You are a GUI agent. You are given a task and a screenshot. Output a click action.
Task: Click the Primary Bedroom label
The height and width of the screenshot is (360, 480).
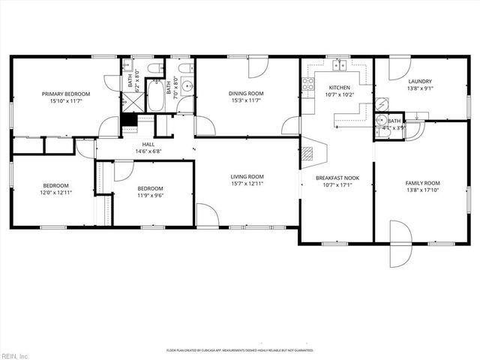click(x=65, y=94)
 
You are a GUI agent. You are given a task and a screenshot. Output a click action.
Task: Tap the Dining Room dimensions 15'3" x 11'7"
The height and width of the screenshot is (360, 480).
click(x=246, y=100)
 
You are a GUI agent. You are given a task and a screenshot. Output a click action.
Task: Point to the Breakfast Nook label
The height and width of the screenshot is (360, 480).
click(x=335, y=177)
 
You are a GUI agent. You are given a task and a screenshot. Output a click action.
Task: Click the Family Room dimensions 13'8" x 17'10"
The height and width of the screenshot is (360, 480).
click(x=422, y=190)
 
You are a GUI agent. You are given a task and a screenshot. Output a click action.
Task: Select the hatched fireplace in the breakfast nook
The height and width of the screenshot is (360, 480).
click(x=307, y=154)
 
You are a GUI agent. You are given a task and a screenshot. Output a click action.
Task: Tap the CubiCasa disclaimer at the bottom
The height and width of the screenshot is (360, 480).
click(x=239, y=350)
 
